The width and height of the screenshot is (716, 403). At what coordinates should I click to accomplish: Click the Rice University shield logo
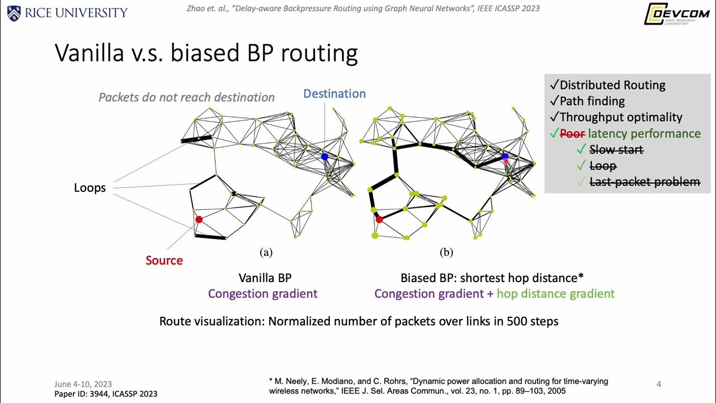point(13,12)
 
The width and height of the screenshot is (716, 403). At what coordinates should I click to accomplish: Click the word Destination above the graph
point(335,93)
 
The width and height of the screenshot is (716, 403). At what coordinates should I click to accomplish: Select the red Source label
point(164,260)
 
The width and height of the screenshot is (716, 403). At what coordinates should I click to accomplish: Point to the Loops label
point(90,188)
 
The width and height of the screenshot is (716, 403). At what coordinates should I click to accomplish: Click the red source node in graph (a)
point(199,219)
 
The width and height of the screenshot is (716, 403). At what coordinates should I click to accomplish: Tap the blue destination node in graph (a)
point(324,157)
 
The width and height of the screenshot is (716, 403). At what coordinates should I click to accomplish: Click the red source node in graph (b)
point(379,219)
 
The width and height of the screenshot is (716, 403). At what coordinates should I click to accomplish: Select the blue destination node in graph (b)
point(505,157)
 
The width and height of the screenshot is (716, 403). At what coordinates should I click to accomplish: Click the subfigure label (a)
point(266,252)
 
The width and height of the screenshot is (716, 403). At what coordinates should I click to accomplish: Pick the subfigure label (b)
point(446,252)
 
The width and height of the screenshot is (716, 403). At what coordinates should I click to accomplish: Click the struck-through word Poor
point(572,134)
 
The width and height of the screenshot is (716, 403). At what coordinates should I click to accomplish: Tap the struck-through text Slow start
point(616,150)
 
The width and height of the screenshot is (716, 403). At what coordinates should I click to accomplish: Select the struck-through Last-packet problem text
point(644,182)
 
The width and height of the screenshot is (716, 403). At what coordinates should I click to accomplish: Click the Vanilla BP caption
point(265,278)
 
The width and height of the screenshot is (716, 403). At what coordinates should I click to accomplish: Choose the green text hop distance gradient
point(555,294)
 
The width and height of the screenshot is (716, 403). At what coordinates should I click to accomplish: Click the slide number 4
point(659,384)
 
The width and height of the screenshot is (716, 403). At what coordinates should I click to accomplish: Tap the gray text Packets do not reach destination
point(186,97)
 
